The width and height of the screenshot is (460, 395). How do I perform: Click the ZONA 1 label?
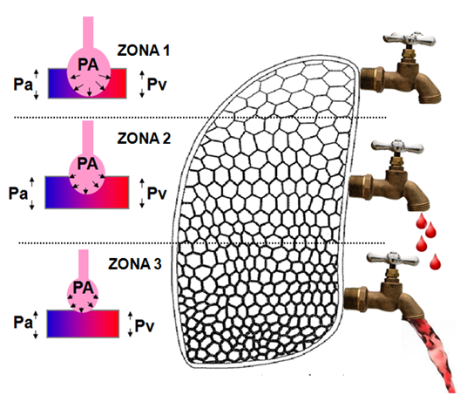tap(144, 51)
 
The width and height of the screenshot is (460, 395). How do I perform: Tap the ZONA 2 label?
tap(144, 139)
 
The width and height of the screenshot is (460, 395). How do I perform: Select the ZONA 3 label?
tap(135, 264)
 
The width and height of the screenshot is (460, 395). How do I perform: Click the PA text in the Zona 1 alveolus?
tap(88, 65)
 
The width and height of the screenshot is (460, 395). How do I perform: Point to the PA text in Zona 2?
tap(87, 164)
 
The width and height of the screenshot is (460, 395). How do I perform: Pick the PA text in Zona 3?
tap(83, 288)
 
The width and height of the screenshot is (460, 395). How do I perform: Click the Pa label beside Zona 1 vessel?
tap(23, 85)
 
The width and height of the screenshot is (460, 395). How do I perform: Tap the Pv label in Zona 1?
tap(157, 85)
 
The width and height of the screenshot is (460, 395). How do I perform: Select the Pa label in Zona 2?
tap(18, 194)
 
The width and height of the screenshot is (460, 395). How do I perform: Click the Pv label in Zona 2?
tap(157, 194)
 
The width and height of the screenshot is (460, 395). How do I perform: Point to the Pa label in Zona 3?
tap(23, 322)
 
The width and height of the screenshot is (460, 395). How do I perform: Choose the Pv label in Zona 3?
tap(145, 326)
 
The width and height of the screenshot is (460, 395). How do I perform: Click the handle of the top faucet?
tap(409, 38)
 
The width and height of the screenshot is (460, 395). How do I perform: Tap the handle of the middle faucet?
tap(397, 146)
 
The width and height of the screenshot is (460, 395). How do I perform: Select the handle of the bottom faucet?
tap(393, 258)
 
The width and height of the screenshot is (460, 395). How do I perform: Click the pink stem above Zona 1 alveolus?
tap(88, 33)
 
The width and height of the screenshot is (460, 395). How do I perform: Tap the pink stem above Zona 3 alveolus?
tap(84, 264)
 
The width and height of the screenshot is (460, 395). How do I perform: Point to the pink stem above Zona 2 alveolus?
tap(88, 138)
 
